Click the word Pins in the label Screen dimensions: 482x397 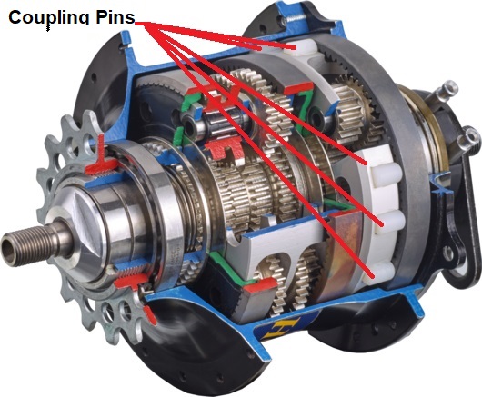pos(115,17)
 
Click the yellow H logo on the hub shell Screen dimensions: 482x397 pos(279,329)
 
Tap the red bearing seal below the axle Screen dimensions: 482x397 pos(132,281)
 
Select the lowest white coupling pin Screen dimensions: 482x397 pos(380,272)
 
